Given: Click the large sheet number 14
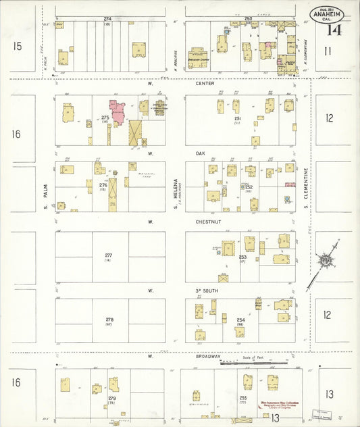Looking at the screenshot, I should point(334,30).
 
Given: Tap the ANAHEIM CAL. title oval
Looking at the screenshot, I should point(328,15).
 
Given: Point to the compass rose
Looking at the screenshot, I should point(326,261).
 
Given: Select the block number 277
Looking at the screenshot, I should point(108,255).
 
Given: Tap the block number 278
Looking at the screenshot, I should point(108,319).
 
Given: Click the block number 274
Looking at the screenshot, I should point(107,18).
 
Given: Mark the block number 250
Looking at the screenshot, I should point(248,18).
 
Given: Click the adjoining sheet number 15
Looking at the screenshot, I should point(18,46).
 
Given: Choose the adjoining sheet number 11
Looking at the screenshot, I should point(328,51).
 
